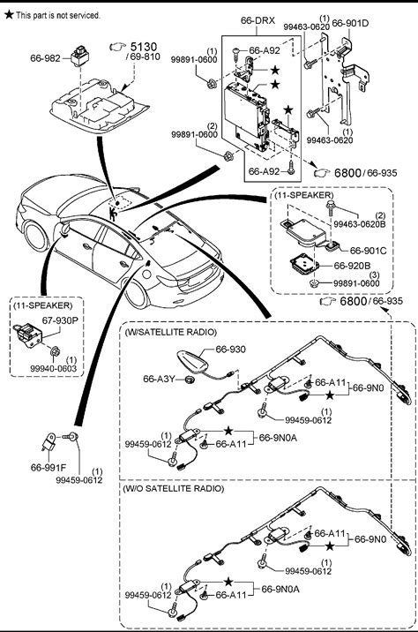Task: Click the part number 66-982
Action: [x=45, y=58]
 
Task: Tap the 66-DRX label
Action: [x=258, y=20]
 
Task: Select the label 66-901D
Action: [x=350, y=23]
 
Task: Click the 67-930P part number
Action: [x=60, y=320]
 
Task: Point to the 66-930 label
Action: [x=230, y=349]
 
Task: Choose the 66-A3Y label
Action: [x=159, y=379]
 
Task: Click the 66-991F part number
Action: [x=49, y=468]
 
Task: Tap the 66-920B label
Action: [x=353, y=266]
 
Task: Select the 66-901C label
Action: [x=368, y=251]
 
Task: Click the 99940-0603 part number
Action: [x=53, y=368]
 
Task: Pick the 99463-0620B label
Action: [x=359, y=224]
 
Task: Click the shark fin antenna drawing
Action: [x=193, y=361]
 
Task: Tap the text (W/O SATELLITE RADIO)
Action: [x=173, y=488]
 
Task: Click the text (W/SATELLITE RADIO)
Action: [x=171, y=332]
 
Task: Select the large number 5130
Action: [x=144, y=47]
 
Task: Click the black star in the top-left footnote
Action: [x=9, y=15]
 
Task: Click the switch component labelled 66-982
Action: [x=79, y=56]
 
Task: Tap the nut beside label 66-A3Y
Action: [x=189, y=380]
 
